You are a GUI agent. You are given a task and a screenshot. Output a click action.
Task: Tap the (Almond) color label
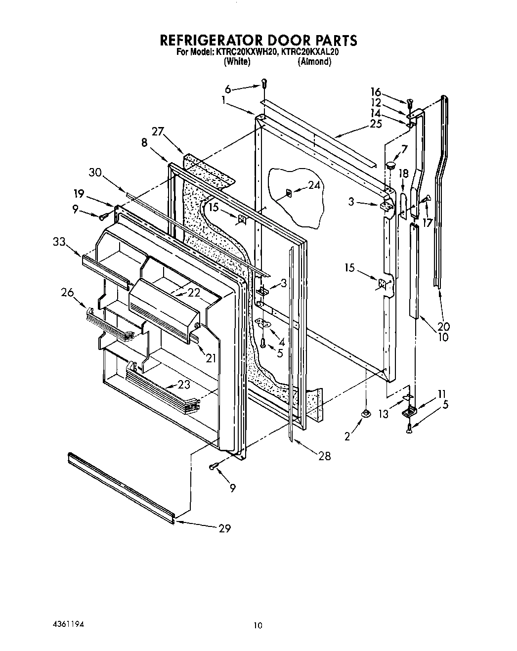[x=314, y=62]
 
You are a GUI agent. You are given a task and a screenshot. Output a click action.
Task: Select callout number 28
[x=324, y=456]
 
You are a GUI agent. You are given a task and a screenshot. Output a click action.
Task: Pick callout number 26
[x=68, y=293]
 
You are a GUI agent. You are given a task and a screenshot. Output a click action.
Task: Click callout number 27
[x=158, y=132]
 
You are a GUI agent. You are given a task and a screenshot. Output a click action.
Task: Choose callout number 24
[x=314, y=185]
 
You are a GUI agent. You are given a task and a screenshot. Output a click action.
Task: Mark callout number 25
[x=376, y=124]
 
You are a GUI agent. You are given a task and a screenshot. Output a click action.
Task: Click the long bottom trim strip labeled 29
[x=121, y=484]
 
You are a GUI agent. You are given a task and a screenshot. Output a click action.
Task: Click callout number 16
[x=376, y=92]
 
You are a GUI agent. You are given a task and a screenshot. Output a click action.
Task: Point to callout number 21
[x=211, y=358]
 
